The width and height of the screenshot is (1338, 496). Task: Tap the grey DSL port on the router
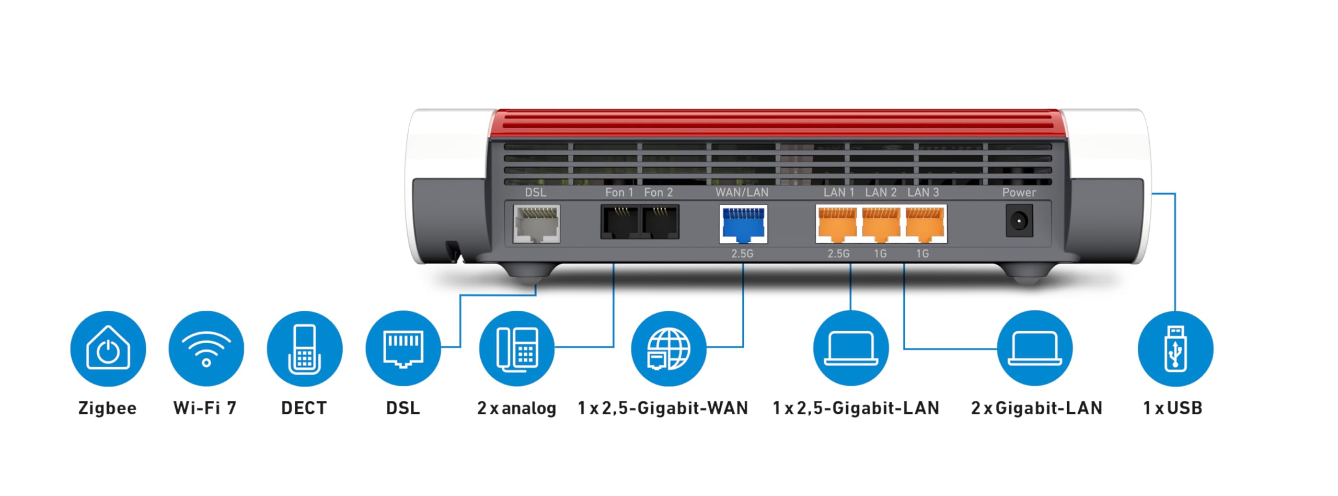(536, 224)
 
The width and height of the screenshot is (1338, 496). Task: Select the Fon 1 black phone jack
(620, 222)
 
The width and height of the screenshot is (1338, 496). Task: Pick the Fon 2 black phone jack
(660, 222)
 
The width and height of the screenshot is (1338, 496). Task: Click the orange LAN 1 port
(837, 224)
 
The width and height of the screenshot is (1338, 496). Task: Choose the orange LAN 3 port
(925, 224)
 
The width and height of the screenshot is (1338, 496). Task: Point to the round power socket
(1019, 221)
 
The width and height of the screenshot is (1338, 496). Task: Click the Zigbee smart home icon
(108, 348)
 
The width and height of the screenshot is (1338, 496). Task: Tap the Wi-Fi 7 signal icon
(206, 348)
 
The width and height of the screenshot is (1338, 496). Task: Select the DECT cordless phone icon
(305, 348)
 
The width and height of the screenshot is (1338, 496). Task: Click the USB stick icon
(1175, 348)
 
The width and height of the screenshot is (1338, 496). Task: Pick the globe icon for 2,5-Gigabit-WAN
(668, 348)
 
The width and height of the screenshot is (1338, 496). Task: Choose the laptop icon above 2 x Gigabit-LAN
(1035, 348)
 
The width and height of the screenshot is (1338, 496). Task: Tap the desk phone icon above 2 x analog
(517, 348)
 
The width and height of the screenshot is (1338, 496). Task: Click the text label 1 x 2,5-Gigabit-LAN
(856, 408)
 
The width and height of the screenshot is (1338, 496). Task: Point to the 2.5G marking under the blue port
(742, 254)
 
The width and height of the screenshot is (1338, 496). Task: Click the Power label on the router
(1019, 193)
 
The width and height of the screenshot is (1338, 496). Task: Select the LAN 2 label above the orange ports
(881, 193)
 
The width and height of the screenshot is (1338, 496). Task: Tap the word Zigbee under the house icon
(107, 408)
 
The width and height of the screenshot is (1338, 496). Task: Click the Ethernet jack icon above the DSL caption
(403, 348)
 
